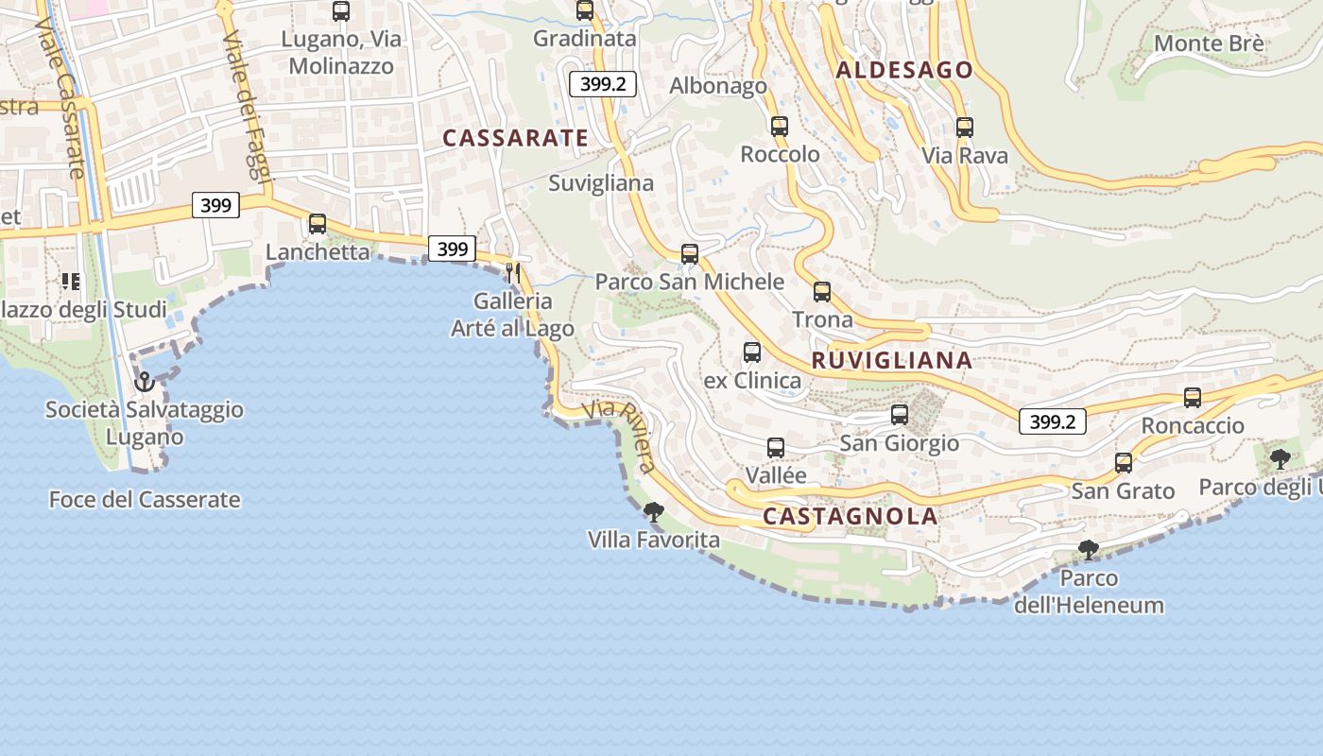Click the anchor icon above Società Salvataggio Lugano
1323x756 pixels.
click(145, 382)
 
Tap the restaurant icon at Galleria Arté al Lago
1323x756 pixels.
click(513, 273)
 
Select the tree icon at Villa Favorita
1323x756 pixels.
click(653, 512)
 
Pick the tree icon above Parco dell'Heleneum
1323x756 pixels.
click(1089, 550)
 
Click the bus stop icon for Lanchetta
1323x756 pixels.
click(318, 224)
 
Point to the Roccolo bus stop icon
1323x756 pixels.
click(780, 127)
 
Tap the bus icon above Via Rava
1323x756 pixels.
click(965, 128)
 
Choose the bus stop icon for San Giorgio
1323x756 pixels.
click(900, 415)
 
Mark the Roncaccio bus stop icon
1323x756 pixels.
click(1193, 398)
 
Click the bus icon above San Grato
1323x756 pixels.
click(1124, 463)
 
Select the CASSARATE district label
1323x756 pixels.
click(516, 138)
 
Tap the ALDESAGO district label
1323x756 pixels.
click(904, 70)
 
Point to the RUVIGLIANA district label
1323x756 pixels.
click(892, 360)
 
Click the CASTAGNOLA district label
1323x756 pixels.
click(850, 517)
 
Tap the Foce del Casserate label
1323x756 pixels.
click(145, 500)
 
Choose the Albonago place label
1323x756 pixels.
click(718, 86)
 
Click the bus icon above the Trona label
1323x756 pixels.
click(822, 292)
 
